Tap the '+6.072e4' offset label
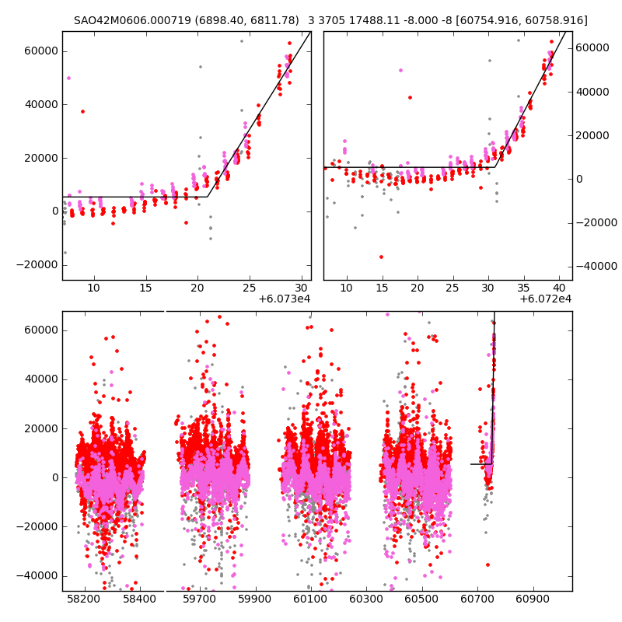click(546, 299)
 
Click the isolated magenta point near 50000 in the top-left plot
click(68, 78)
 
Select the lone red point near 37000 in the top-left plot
click(82, 111)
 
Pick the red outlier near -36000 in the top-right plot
click(381, 257)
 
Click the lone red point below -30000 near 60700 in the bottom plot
click(487, 564)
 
